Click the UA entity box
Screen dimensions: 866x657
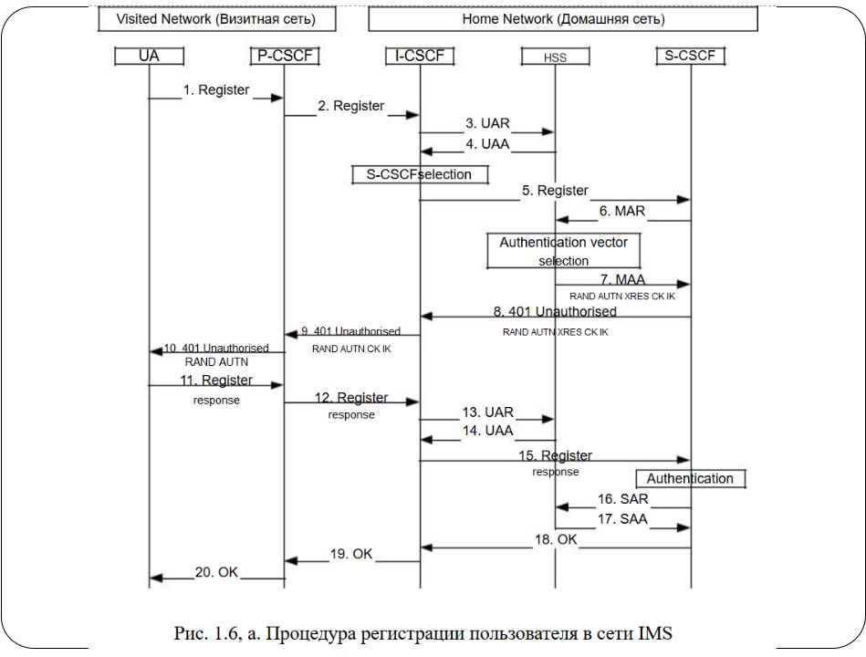tap(149, 56)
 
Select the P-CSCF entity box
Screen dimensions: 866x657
tap(285, 56)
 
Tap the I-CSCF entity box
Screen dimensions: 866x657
tap(420, 56)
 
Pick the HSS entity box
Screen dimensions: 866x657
tap(555, 57)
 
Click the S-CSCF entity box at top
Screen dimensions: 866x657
tap(691, 56)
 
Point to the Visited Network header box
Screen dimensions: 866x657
tap(217, 19)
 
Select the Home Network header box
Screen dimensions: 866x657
tap(563, 19)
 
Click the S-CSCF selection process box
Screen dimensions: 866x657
tap(421, 174)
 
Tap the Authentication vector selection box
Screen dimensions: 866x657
tap(564, 251)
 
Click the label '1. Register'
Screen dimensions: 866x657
tap(216, 90)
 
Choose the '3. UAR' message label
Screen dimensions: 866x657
tap(487, 124)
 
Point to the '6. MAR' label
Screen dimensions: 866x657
tap(622, 211)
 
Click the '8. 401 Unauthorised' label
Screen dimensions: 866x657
tap(555, 311)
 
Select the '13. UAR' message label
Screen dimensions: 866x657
tap(487, 412)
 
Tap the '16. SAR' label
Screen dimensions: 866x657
tap(622, 499)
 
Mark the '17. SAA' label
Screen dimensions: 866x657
tap(622, 519)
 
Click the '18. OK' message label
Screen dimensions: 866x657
tap(556, 539)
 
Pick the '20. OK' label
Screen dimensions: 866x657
tap(216, 572)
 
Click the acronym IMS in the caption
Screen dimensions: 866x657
tap(655, 632)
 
